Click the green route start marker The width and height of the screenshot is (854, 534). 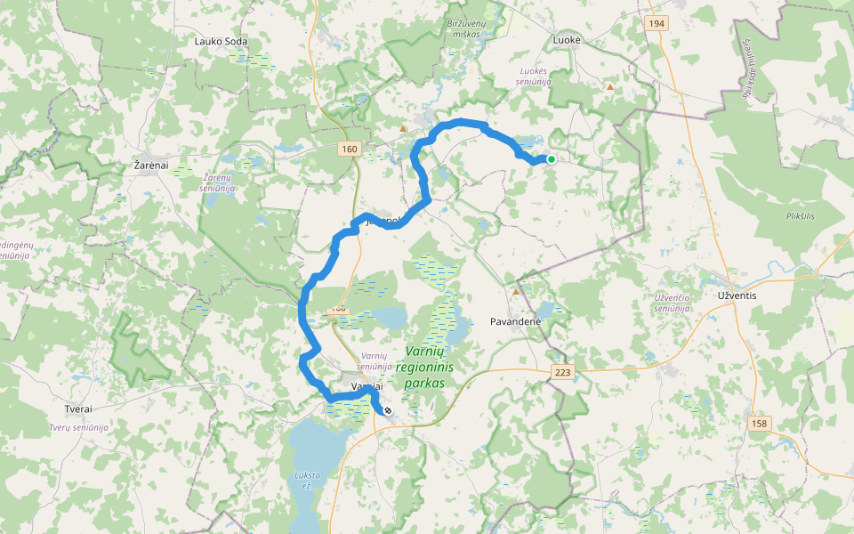pos(552,159)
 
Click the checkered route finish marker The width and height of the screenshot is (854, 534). pos(388,410)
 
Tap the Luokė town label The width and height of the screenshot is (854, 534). pos(567,41)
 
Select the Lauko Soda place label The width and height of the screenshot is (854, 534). pos(221,41)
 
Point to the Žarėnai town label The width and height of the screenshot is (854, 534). pos(150,166)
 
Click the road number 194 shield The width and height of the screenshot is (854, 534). pos(657,24)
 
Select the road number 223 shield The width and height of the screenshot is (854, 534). pos(562,371)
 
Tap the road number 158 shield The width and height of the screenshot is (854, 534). pos(759,423)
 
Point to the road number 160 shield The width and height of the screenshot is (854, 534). pos(349,149)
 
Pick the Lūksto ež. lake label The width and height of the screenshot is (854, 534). pos(304,481)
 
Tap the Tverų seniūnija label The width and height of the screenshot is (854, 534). pos(79,427)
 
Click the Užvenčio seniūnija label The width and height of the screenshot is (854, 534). pos(673,303)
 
